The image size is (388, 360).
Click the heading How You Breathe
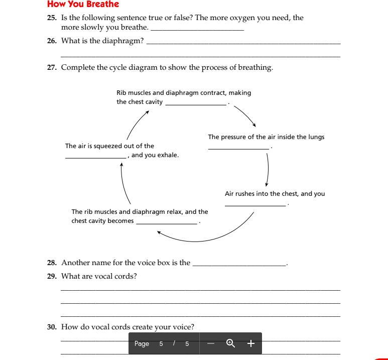click(83, 4)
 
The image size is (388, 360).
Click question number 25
click(52, 18)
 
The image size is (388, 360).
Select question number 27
click(52, 68)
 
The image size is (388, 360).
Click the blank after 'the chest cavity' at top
click(196, 103)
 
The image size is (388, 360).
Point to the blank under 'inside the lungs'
click(238, 147)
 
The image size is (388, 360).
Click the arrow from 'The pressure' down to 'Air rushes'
click(268, 170)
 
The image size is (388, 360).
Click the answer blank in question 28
click(239, 264)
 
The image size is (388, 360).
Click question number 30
click(52, 327)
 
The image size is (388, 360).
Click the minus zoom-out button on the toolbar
click(211, 343)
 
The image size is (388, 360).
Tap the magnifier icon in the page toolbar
click(230, 343)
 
